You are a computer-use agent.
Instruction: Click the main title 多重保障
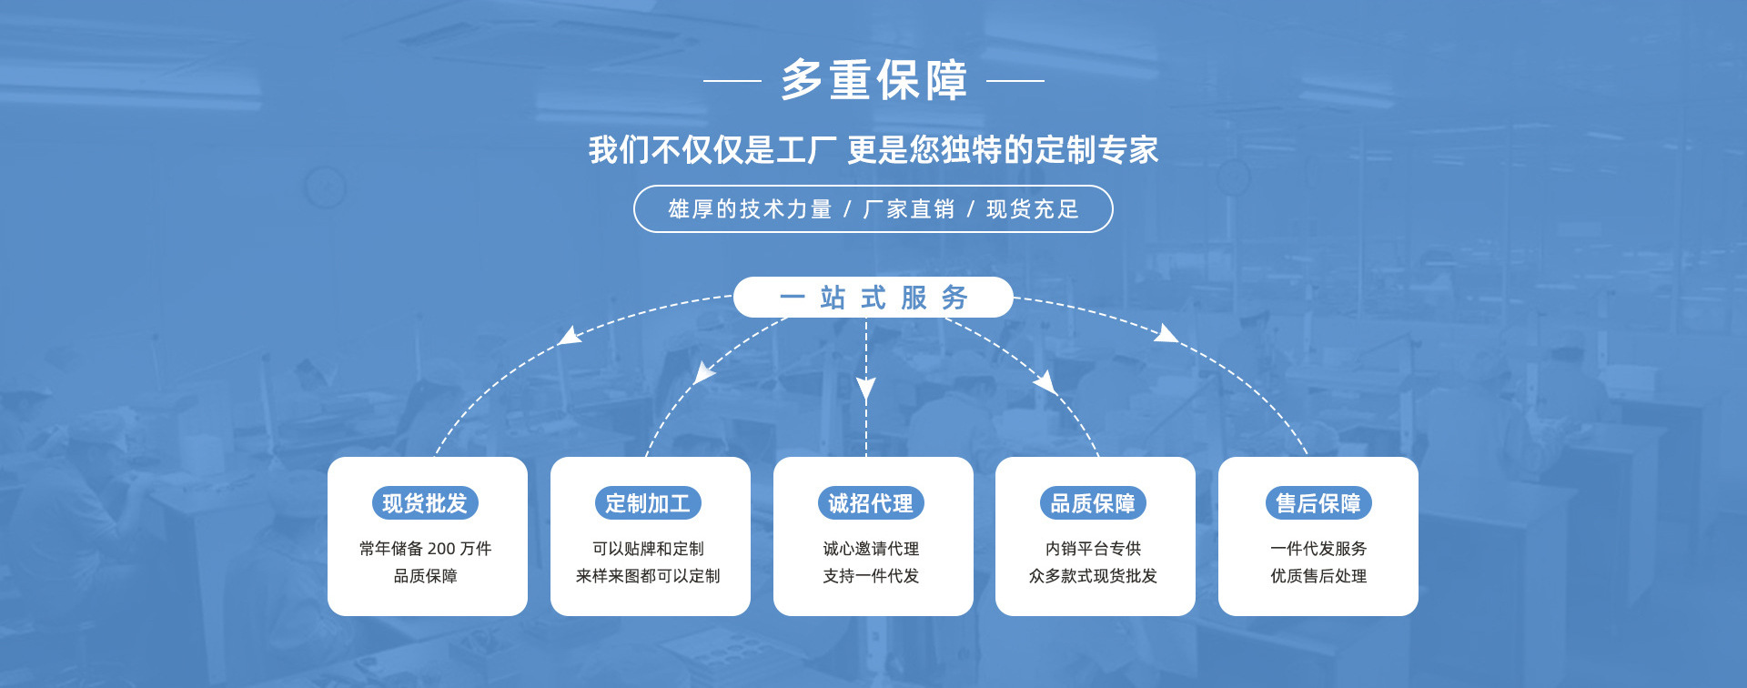[873, 80]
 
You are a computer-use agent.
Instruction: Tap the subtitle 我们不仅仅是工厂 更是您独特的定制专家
[873, 150]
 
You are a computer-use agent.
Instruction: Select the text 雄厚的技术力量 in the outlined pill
[750, 209]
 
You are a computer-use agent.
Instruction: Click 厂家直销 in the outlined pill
[908, 209]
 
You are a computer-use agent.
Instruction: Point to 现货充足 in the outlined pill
[1033, 209]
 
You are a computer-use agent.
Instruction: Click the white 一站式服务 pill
[873, 298]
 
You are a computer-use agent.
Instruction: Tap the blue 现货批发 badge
[425, 503]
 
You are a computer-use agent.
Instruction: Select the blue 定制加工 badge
[648, 503]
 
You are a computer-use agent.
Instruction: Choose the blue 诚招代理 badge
[871, 503]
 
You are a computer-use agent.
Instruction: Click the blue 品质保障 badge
[1093, 503]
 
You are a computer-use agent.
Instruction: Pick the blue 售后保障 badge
[1318, 503]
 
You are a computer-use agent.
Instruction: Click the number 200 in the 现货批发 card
[441, 549]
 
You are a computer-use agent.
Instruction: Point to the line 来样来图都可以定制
[648, 576]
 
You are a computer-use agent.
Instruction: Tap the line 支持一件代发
[871, 576]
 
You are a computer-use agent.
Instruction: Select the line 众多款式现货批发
[1093, 576]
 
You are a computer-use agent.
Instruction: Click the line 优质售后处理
[1318, 576]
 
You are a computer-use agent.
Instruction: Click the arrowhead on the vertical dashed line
[866, 389]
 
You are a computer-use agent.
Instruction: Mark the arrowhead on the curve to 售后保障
[1165, 334]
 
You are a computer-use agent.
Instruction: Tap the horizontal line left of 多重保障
[732, 80]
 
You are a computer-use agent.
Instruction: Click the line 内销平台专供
[1093, 549]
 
